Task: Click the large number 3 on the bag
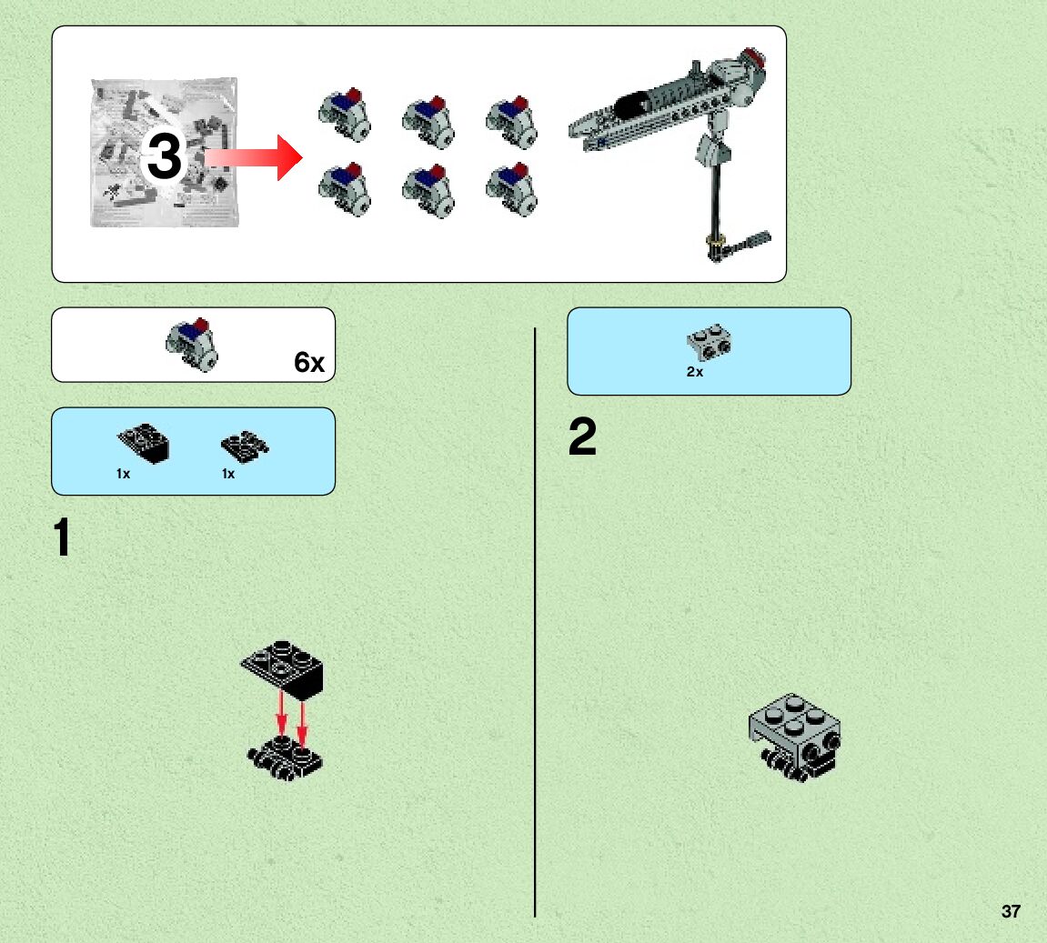pos(165,157)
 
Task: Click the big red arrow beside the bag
pos(255,158)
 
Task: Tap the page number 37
pos(1010,911)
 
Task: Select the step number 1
pos(62,537)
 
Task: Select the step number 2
pos(582,438)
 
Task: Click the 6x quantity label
pos(308,363)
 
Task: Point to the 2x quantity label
pos(695,372)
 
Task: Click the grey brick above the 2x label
pos(710,342)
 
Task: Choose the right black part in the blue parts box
pos(245,446)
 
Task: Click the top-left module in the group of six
pos(345,115)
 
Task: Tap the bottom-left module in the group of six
pos(345,188)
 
